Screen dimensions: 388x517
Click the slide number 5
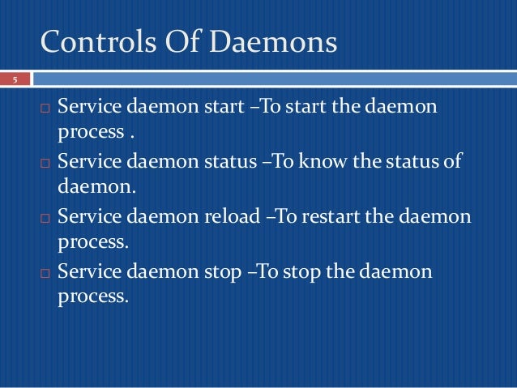click(14, 79)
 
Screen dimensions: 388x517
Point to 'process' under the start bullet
click(88, 132)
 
